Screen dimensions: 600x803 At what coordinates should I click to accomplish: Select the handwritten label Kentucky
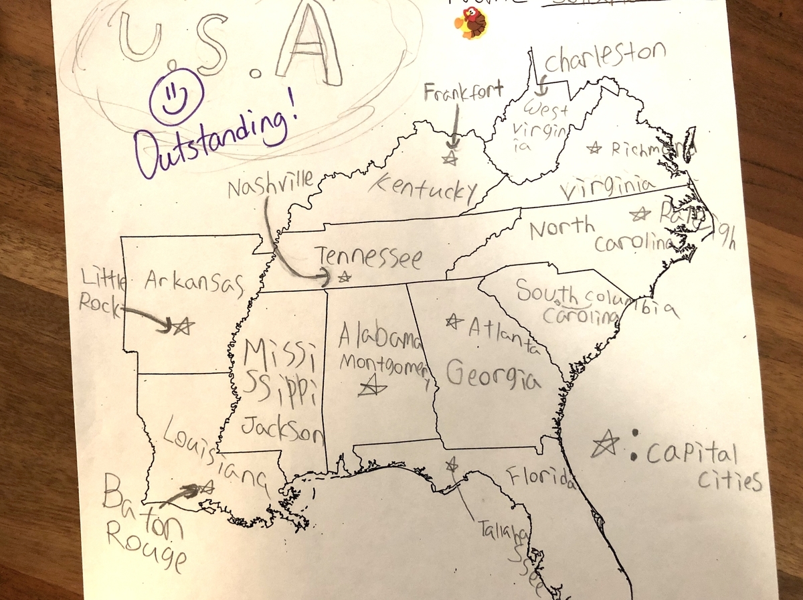(x=424, y=187)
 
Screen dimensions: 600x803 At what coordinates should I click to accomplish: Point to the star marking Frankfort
(x=450, y=158)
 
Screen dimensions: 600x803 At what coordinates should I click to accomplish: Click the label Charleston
(x=605, y=58)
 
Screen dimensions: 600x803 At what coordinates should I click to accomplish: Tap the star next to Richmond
(x=593, y=148)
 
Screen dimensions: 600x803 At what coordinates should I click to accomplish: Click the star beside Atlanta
(x=454, y=322)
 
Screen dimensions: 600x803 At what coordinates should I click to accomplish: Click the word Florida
(x=541, y=477)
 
